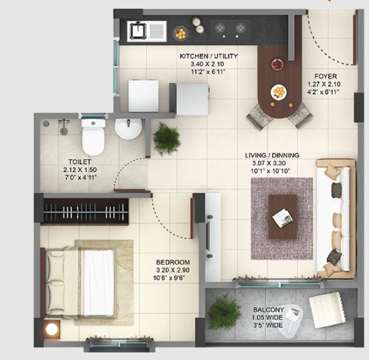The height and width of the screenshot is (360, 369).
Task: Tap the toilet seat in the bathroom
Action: click(93, 142)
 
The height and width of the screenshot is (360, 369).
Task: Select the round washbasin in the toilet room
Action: click(128, 129)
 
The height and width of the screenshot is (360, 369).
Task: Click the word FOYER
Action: click(326, 76)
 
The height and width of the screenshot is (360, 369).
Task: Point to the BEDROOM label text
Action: click(173, 262)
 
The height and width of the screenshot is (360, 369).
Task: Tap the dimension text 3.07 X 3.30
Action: click(269, 163)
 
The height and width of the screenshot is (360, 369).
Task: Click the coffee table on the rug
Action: click(283, 217)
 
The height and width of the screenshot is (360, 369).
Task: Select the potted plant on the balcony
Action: click(224, 311)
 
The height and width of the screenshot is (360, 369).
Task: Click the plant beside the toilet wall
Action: click(166, 139)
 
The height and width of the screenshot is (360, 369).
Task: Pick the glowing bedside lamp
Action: click(51, 329)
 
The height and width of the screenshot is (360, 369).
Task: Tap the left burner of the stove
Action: click(220, 28)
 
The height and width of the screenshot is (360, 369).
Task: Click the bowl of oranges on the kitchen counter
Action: click(180, 33)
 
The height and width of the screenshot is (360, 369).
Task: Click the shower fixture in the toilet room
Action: click(64, 127)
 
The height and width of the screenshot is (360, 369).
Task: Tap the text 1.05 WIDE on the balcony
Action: click(267, 318)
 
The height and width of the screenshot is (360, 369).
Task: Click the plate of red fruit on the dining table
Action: click(277, 64)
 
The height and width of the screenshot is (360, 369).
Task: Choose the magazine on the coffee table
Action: click(283, 218)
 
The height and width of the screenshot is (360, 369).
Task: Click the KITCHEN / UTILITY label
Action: click(209, 56)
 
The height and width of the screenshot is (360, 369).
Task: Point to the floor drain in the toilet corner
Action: click(46, 124)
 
